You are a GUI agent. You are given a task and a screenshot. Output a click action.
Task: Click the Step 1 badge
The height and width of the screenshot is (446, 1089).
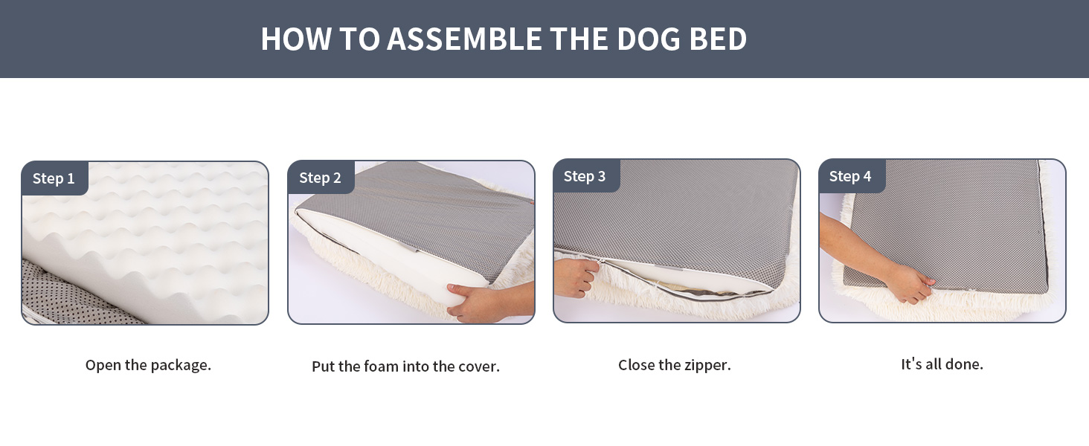tap(54, 178)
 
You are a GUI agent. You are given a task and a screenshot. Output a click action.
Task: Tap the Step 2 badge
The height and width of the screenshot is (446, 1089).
tap(320, 178)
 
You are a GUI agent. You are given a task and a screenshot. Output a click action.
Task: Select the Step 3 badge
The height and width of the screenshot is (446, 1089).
tap(585, 176)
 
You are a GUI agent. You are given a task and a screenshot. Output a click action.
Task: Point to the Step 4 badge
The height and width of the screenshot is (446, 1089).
tap(850, 176)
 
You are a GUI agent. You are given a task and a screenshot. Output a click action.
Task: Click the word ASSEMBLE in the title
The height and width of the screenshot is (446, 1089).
tap(465, 39)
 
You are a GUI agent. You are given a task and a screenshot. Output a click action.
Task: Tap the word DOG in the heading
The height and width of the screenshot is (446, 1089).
tap(646, 39)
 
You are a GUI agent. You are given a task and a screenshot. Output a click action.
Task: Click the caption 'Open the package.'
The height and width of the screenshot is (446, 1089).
tap(148, 365)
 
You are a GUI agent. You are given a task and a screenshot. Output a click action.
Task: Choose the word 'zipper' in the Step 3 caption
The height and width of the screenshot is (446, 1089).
tap(707, 366)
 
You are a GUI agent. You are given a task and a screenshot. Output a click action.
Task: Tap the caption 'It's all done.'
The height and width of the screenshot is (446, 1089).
tap(942, 364)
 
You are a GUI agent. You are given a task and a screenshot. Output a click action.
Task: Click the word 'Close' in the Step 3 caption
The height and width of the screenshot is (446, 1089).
tap(636, 365)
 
